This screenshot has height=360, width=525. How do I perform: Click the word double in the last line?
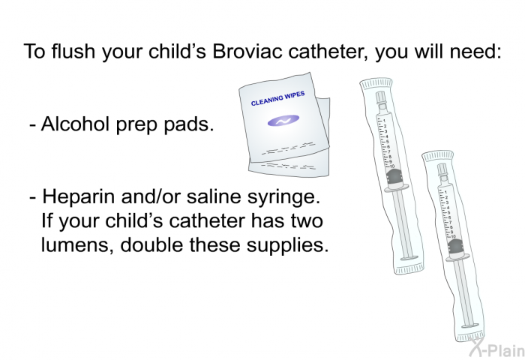tap(151, 245)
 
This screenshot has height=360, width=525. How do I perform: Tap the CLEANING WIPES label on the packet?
tap(278, 97)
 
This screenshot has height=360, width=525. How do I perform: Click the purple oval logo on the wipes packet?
tap(283, 121)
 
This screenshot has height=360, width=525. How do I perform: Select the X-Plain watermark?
tap(496, 349)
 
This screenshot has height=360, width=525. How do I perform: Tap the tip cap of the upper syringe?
tap(380, 97)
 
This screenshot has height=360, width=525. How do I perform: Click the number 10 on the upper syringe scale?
tap(392, 166)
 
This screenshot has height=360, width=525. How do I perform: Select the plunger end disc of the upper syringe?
tap(409, 258)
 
